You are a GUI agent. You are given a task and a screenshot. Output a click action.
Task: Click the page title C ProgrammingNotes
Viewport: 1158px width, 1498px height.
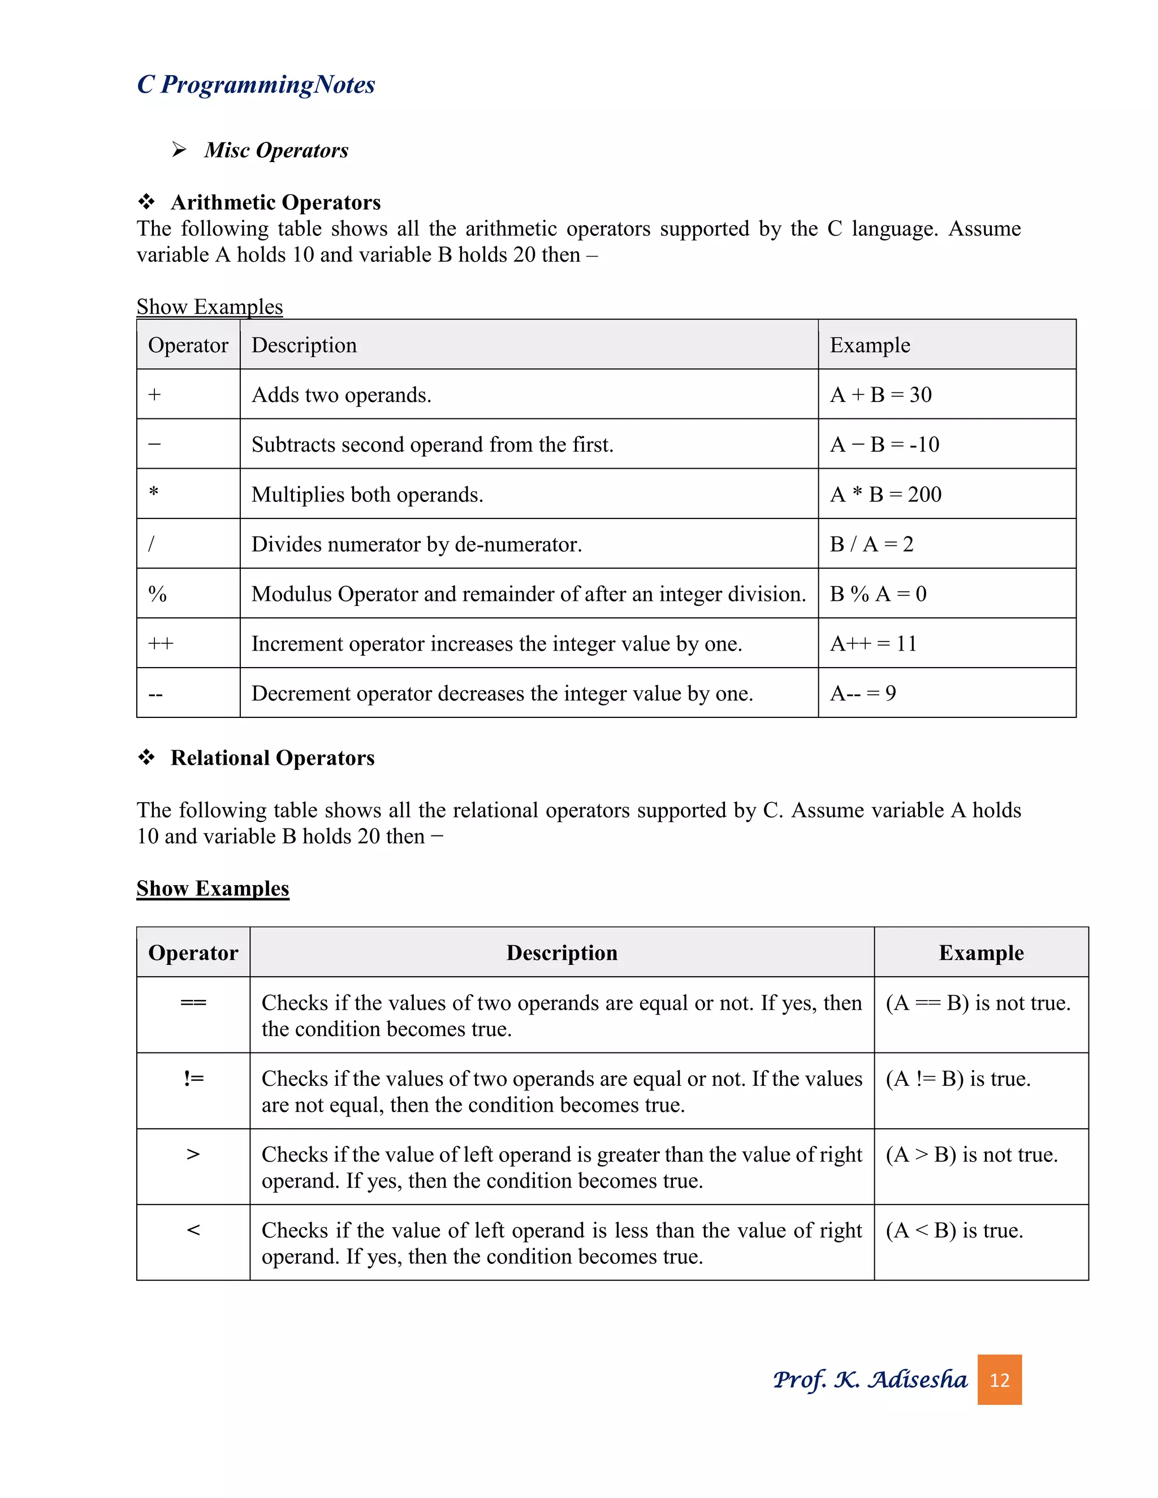point(256,84)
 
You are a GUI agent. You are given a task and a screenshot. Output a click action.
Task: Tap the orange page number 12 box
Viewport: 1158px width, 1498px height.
point(999,1379)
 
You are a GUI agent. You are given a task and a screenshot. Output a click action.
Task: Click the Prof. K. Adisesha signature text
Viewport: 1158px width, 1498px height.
point(869,1379)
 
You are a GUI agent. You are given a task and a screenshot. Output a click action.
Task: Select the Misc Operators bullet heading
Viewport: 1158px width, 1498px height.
point(276,150)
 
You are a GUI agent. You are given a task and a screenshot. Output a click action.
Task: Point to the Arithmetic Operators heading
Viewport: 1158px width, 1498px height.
point(275,202)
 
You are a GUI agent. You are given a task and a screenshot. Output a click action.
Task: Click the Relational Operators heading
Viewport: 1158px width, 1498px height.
point(273,758)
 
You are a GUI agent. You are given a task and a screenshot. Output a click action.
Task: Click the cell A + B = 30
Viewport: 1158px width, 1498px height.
point(880,395)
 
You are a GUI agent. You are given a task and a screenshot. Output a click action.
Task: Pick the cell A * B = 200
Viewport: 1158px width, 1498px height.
point(885,494)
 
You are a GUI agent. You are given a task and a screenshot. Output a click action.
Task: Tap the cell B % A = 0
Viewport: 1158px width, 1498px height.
point(878,594)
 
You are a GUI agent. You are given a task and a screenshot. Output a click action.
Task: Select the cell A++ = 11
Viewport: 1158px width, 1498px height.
point(872,643)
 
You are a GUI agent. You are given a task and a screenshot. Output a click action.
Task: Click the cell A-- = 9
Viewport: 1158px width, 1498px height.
point(862,694)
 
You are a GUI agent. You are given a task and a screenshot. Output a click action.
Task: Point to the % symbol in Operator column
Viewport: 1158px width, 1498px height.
point(158,594)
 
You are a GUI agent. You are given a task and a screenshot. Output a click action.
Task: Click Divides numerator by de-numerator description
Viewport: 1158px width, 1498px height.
point(416,544)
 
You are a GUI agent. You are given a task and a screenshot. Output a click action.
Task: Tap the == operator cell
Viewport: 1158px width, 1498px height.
point(193,1003)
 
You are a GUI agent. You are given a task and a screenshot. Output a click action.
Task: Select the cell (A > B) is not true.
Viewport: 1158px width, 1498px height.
point(971,1155)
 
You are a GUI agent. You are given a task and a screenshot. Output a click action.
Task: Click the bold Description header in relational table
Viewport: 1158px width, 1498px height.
point(562,953)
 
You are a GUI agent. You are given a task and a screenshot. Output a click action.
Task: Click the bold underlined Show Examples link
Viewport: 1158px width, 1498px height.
point(213,888)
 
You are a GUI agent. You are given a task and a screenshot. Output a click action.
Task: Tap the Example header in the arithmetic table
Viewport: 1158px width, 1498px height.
point(870,345)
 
